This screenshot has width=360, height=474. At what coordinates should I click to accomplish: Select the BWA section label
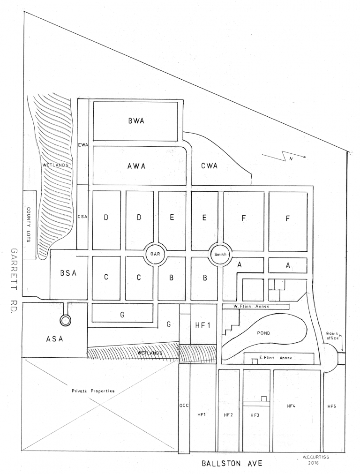pyautogui.click(x=135, y=121)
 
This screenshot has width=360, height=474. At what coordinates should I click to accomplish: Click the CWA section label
pyautogui.click(x=209, y=165)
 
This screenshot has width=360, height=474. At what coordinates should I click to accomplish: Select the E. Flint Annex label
pyautogui.click(x=276, y=358)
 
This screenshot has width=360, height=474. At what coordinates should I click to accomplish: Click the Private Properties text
pyautogui.click(x=93, y=391)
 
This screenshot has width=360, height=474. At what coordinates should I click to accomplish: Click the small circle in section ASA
pyautogui.click(x=66, y=321)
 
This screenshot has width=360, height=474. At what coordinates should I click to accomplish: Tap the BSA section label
pyautogui.click(x=68, y=274)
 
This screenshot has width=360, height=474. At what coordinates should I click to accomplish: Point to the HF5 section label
pyautogui.click(x=331, y=406)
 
